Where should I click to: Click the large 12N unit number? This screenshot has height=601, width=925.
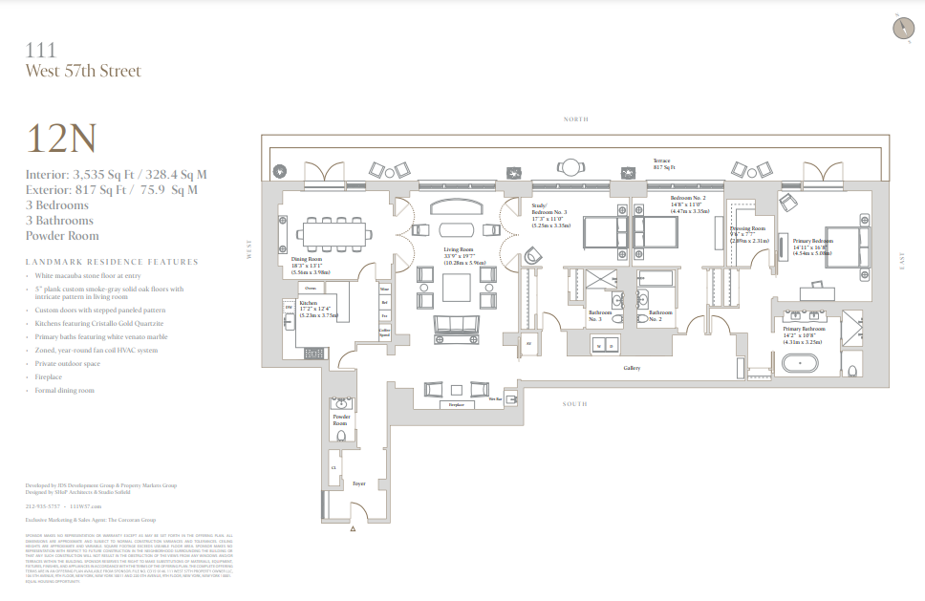[62, 140]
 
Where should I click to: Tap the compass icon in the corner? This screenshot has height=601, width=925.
[901, 28]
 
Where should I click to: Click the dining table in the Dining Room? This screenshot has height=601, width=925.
[330, 232]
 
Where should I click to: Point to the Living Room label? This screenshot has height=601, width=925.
[459, 250]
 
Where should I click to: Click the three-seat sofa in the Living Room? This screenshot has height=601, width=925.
[457, 328]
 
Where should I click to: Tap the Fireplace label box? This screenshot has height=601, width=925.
[456, 405]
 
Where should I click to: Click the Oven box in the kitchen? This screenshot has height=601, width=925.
[311, 287]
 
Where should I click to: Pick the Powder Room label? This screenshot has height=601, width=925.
[341, 421]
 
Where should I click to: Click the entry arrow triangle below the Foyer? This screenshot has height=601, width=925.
[355, 528]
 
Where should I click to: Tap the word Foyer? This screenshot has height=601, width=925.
[358, 483]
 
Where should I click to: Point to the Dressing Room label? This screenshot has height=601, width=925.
[746, 229]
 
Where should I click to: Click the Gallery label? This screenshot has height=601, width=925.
[632, 367]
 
